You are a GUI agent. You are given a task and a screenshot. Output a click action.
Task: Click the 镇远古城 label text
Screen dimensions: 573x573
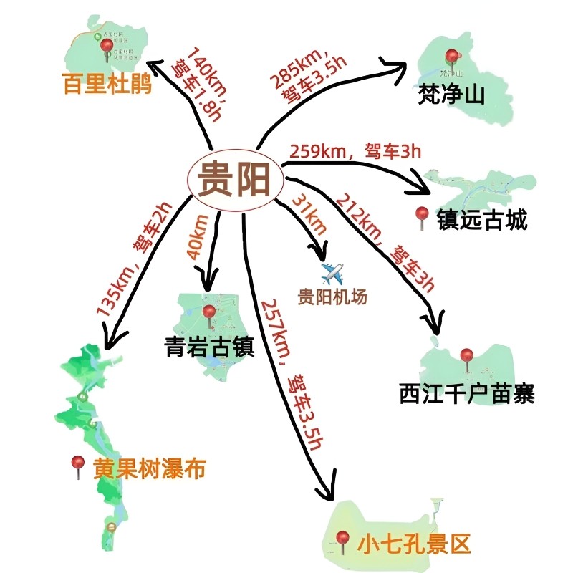[x=482, y=219]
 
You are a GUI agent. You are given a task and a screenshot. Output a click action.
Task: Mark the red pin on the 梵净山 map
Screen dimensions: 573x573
[x=451, y=57]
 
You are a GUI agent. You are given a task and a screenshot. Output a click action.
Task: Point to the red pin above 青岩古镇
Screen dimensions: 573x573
[x=209, y=313]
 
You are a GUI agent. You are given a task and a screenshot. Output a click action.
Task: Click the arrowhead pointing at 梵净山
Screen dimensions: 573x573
[x=399, y=65]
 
